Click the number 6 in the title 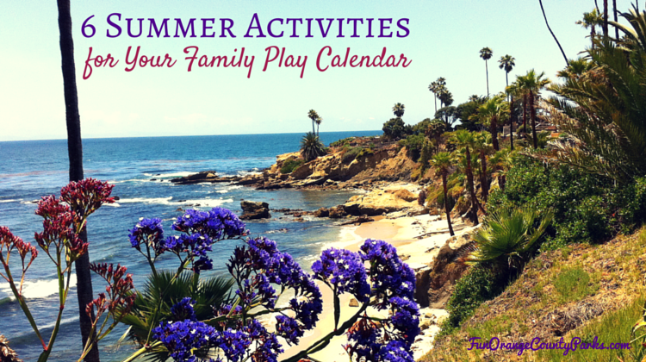(x=88, y=28)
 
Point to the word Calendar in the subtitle (x=363, y=59)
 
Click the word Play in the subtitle (x=285, y=61)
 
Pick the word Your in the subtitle (x=150, y=59)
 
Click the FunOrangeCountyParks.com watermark (x=549, y=345)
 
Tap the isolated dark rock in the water (x=255, y=209)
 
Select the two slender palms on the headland (x=314, y=122)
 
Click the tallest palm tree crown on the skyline (x=486, y=53)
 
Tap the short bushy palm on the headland (x=312, y=146)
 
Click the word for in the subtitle (x=100, y=62)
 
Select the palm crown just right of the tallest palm (x=506, y=63)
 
